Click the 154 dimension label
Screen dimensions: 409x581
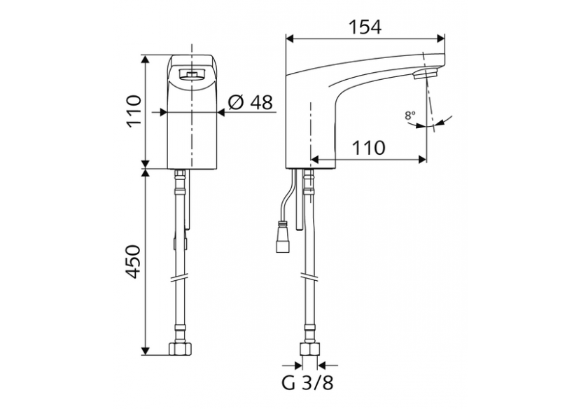click(x=365, y=27)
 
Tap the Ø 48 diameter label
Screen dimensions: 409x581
click(x=250, y=103)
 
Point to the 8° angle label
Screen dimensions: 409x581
click(x=409, y=116)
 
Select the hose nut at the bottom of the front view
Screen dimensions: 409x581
click(x=181, y=348)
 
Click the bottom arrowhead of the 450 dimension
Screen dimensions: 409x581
click(x=146, y=348)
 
